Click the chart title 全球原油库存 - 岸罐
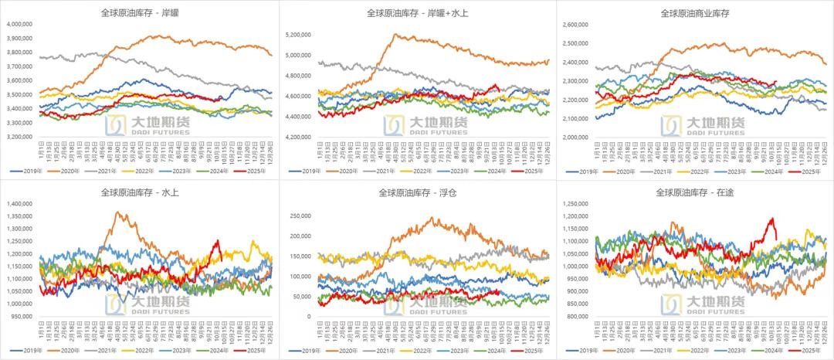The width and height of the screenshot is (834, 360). [x=138, y=12]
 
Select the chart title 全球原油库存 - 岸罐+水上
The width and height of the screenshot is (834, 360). [x=417, y=12]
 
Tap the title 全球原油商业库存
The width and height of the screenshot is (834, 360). [x=695, y=12]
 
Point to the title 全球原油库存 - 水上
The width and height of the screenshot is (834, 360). [x=138, y=192]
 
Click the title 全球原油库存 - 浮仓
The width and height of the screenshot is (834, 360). [x=417, y=192]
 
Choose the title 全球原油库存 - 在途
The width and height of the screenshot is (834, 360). [x=695, y=192]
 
